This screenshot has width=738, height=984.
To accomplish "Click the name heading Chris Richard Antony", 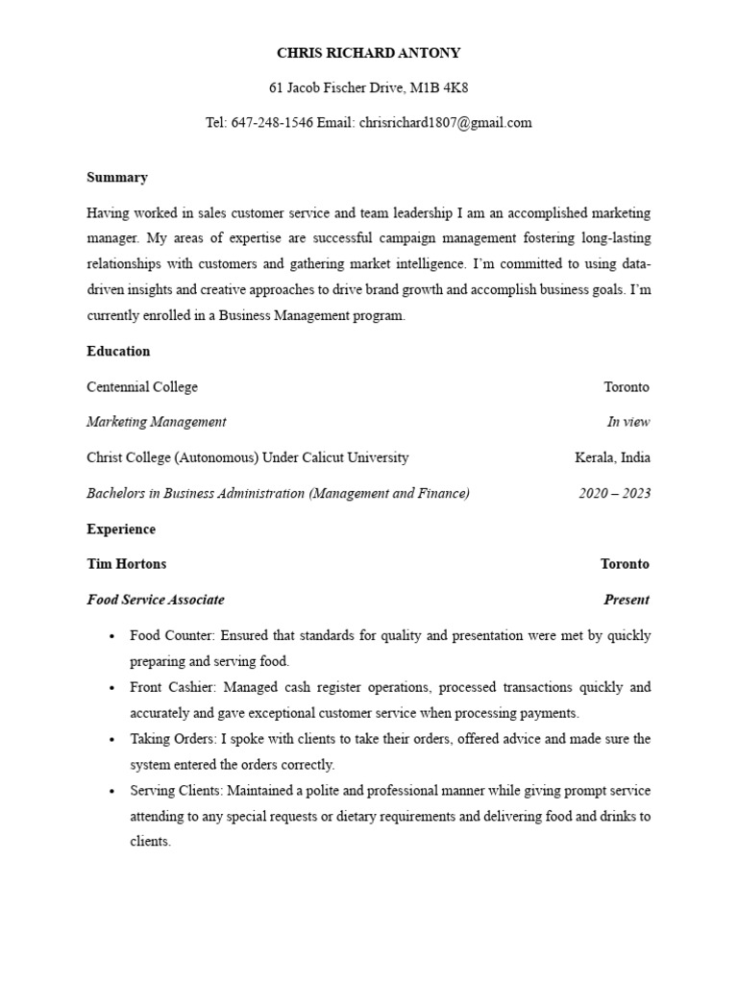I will (369, 53).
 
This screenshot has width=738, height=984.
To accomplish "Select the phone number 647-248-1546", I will (272, 123).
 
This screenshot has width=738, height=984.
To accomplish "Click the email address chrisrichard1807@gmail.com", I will (445, 123).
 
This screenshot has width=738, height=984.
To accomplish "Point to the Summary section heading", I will (117, 178).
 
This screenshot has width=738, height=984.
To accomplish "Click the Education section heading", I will (118, 352).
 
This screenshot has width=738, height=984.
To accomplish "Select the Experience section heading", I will (121, 529).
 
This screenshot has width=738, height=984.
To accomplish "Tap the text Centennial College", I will (142, 387).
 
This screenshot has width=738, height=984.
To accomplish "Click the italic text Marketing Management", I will (157, 422).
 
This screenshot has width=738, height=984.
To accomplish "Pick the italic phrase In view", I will (628, 422).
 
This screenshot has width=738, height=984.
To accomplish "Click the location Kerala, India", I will (612, 457).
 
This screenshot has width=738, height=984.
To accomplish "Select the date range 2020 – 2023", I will (614, 494).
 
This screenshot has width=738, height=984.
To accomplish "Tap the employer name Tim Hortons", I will (126, 564).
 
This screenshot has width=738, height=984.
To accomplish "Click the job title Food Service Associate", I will (156, 600).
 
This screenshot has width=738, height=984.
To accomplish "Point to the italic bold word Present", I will (626, 600).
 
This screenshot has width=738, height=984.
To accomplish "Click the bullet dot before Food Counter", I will (112, 636).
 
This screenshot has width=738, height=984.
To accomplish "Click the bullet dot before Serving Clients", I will (112, 792).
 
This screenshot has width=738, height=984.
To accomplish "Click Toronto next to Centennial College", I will (627, 387).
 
